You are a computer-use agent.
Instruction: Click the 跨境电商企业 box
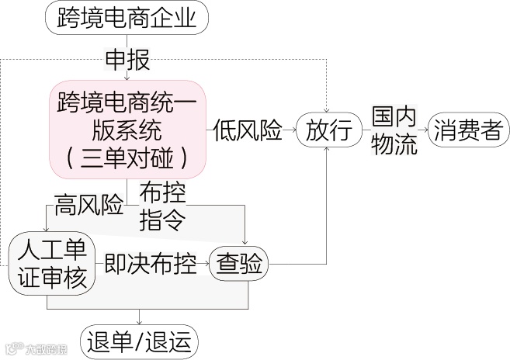click(127, 18)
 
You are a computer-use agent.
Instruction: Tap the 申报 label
click(127, 60)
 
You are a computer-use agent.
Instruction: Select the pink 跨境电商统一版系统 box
click(127, 129)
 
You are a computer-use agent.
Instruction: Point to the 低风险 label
click(248, 130)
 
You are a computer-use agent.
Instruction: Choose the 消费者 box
click(469, 129)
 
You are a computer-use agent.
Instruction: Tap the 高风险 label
click(88, 206)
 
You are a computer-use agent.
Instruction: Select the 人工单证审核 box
click(52, 265)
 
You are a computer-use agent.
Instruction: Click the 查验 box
click(241, 265)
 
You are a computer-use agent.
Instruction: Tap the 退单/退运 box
click(139, 341)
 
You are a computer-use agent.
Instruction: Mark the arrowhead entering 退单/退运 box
click(140, 321)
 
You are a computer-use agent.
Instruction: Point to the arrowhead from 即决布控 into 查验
click(210, 265)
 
